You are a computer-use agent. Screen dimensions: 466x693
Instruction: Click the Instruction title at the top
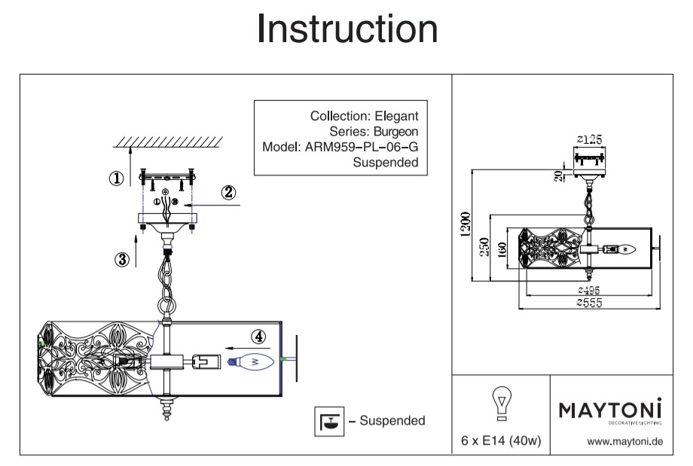pyautogui.click(x=346, y=30)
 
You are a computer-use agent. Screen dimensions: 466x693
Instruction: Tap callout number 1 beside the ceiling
pyautogui.click(x=116, y=178)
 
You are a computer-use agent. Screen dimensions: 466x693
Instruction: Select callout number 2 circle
pyautogui.click(x=229, y=193)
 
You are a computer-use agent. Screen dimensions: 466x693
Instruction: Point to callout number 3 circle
pyautogui.click(x=121, y=260)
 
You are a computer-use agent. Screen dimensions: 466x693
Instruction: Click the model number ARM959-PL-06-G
pyautogui.click(x=361, y=147)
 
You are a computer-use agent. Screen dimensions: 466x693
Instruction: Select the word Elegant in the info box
pyautogui.click(x=396, y=116)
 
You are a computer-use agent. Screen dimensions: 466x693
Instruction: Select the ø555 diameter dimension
pyautogui.click(x=591, y=303)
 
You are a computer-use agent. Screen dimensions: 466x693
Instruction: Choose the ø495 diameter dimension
pyautogui.click(x=591, y=291)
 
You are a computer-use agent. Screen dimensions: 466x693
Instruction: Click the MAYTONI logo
pyautogui.click(x=609, y=410)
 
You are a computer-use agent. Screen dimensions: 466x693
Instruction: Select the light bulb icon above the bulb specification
pyautogui.click(x=501, y=404)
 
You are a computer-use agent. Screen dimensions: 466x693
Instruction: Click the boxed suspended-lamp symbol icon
pyautogui.click(x=328, y=422)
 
